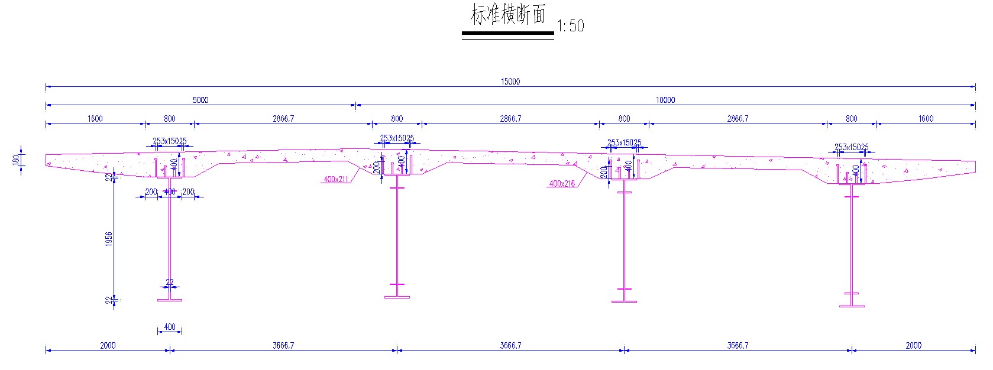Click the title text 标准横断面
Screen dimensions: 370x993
507,15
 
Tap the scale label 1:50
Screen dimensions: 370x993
570,26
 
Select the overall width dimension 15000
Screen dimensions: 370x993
510,82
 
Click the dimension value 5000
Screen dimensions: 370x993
200,100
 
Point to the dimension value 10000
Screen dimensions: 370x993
665,100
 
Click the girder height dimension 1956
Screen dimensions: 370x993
109,238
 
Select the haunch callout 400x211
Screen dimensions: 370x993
335,179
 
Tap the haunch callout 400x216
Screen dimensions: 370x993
562,184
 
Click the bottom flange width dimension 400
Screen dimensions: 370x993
170,327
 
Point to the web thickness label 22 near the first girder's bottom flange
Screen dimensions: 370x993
170,283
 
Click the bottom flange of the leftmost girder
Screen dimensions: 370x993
170,300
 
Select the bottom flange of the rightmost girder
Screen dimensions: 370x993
852,306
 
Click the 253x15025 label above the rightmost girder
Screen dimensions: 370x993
851,147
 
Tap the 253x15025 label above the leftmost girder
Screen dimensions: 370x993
170,141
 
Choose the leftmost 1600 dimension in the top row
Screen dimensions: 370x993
95,118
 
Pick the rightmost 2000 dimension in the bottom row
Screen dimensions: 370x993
913,345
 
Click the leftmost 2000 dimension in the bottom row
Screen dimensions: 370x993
108,345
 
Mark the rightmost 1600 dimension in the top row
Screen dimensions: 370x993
926,118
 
